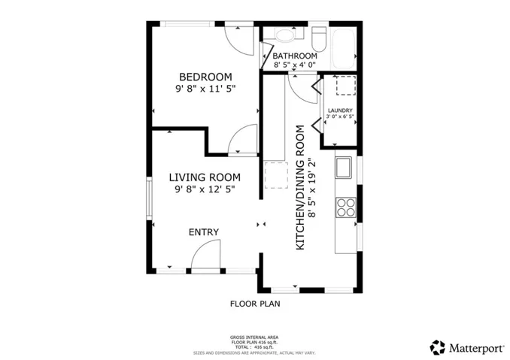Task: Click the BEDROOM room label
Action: [x=205, y=77]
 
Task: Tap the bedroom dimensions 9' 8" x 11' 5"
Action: [x=205, y=91]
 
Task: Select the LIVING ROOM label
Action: [x=205, y=177]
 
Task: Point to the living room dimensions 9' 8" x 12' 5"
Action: [x=205, y=191]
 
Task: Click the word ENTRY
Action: [x=203, y=232]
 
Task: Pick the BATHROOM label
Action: [x=294, y=56]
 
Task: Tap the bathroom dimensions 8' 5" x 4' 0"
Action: [x=294, y=66]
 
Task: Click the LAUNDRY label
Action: [x=340, y=110]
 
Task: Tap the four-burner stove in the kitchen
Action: [x=346, y=207]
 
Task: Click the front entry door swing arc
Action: [x=205, y=256]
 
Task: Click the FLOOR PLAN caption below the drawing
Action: [x=254, y=304]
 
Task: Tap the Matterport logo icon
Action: [x=437, y=347]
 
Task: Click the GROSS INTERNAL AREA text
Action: [x=254, y=337]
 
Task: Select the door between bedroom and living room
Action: [x=242, y=140]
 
